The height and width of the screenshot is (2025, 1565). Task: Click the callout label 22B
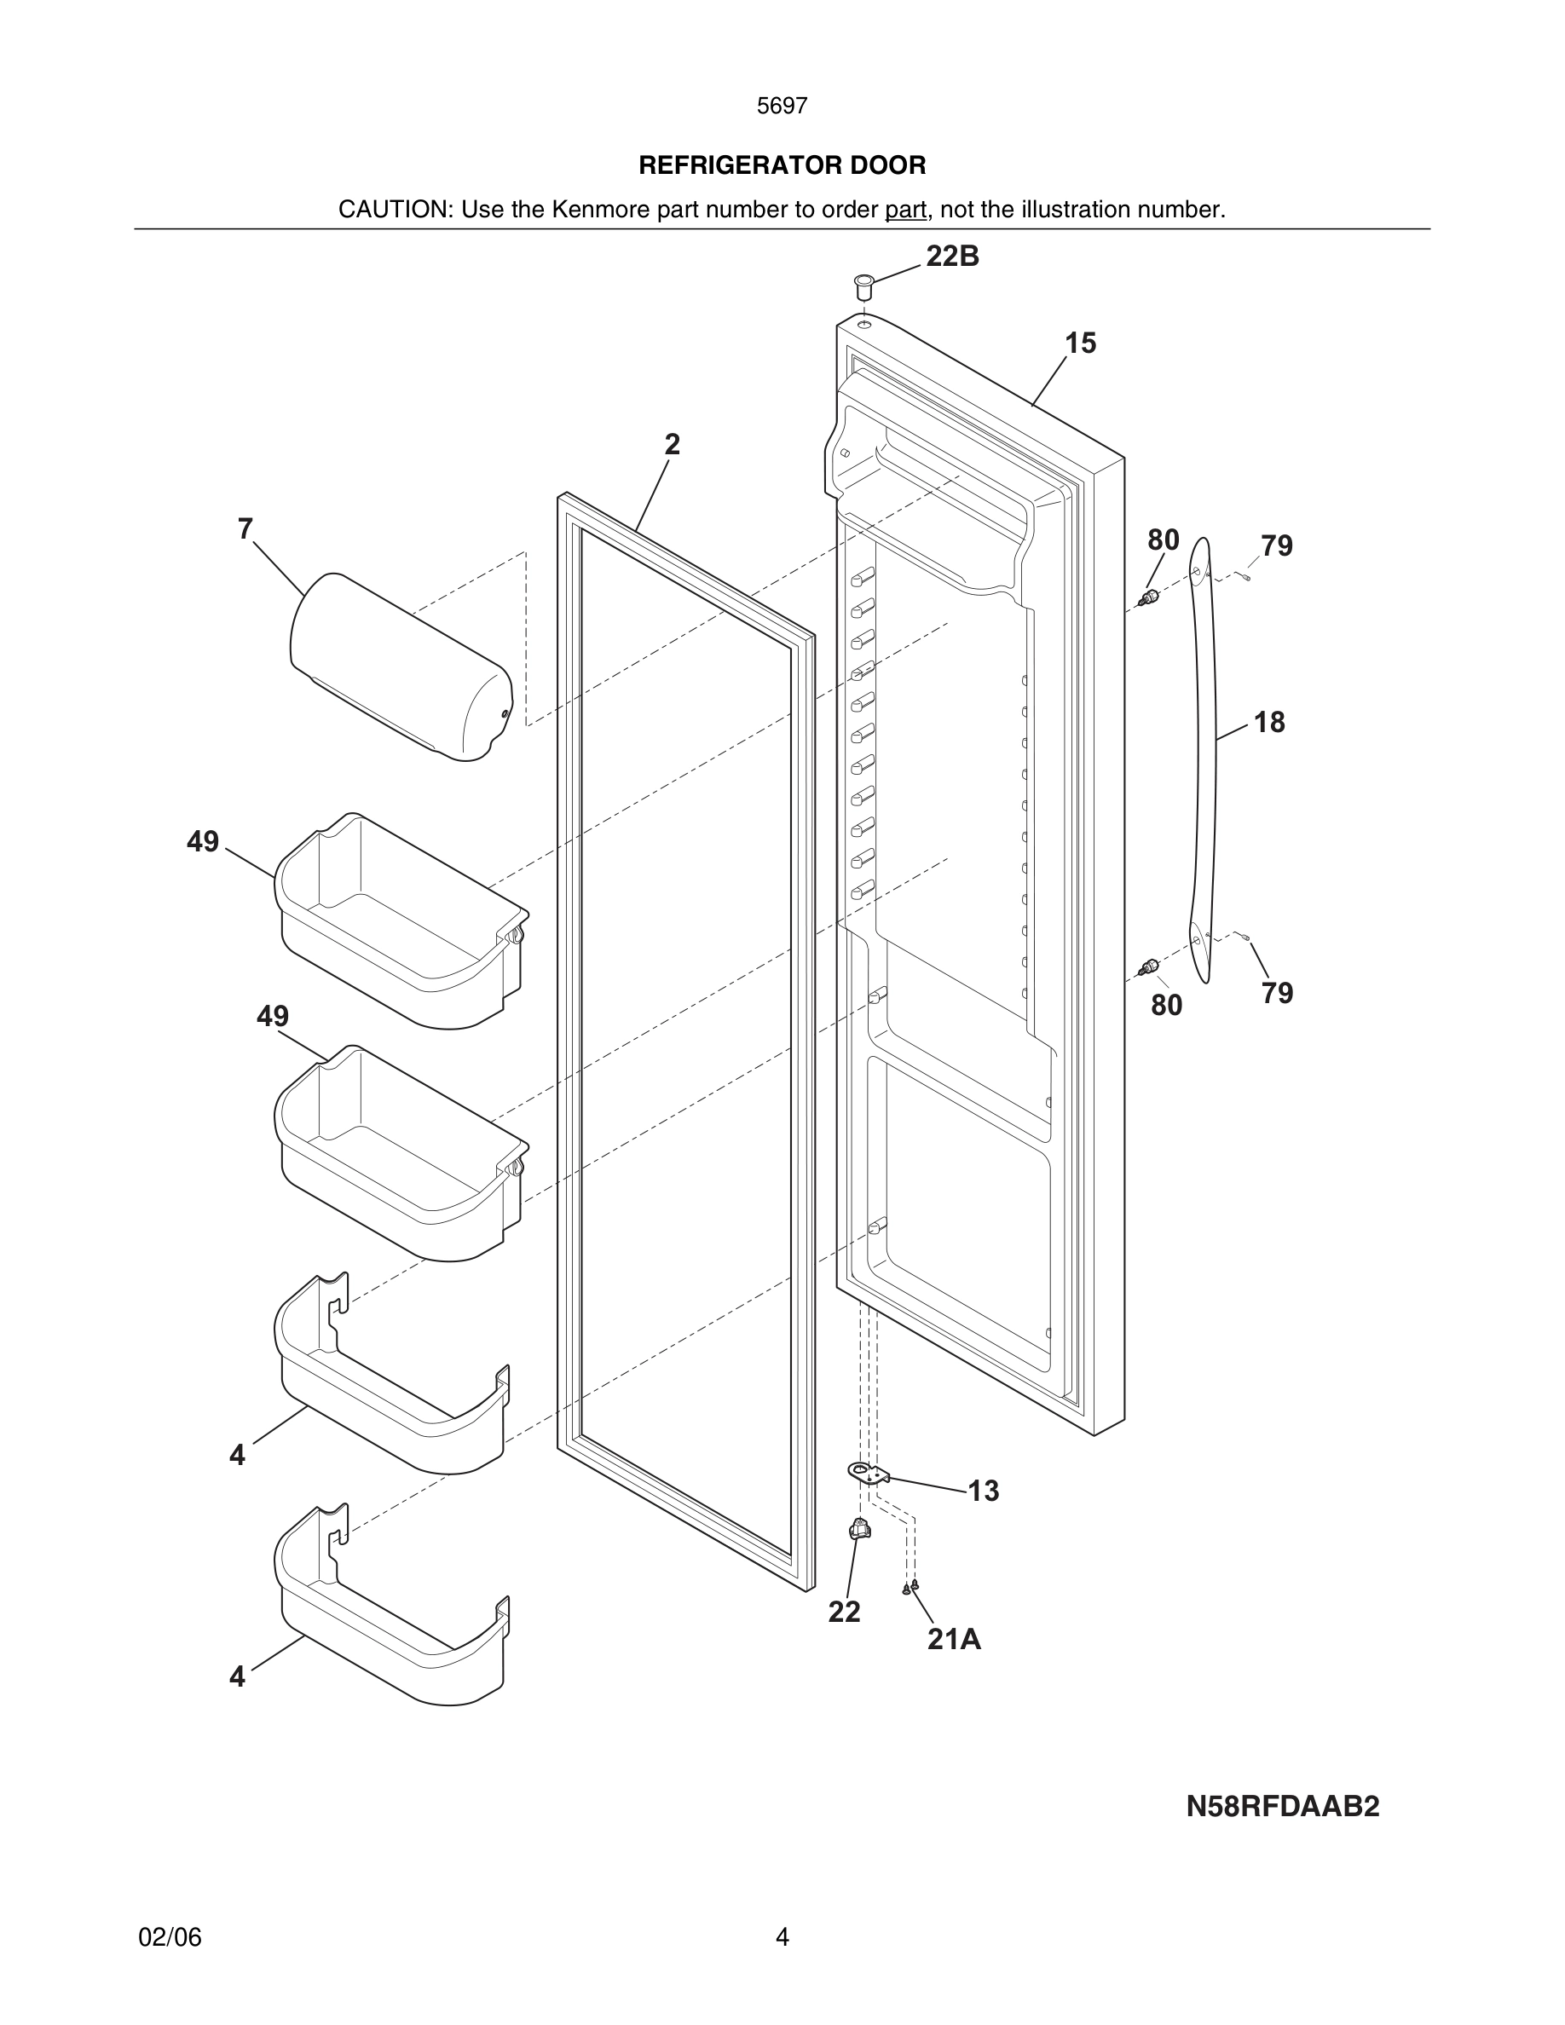(952, 256)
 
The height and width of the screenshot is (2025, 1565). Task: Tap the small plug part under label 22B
(864, 285)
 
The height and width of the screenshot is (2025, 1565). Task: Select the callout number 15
(1080, 344)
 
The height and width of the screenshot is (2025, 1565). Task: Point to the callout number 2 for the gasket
(673, 445)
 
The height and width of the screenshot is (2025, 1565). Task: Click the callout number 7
(245, 529)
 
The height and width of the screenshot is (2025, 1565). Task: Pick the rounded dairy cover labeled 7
(401, 667)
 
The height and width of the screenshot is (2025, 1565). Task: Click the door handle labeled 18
(1203, 760)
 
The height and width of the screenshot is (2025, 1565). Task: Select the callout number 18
(1269, 722)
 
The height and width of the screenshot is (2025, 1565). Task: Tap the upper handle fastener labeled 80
(1151, 598)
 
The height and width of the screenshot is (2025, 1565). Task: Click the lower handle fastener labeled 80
(1151, 969)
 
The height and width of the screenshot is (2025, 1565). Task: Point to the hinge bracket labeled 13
(868, 1473)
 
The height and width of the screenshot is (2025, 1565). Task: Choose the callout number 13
(983, 1491)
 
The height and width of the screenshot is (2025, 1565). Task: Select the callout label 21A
(954, 1639)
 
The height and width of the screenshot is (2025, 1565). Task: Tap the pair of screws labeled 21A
(910, 1588)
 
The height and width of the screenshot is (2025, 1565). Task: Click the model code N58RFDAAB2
(1282, 1806)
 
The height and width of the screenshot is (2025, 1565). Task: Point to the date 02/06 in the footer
(170, 1937)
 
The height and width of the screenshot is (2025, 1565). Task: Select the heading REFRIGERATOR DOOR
(782, 166)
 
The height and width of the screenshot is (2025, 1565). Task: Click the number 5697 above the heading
(782, 107)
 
